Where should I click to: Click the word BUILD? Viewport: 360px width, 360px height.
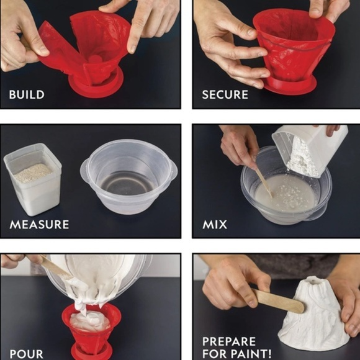pos(27,95)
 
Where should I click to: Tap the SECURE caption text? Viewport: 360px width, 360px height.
pos(225,95)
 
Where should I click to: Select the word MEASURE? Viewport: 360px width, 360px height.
pos(39,223)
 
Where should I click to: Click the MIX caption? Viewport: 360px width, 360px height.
pos(215,223)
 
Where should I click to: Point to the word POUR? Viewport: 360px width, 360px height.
pos(26,354)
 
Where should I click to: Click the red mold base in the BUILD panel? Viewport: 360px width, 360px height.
pos(96,87)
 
